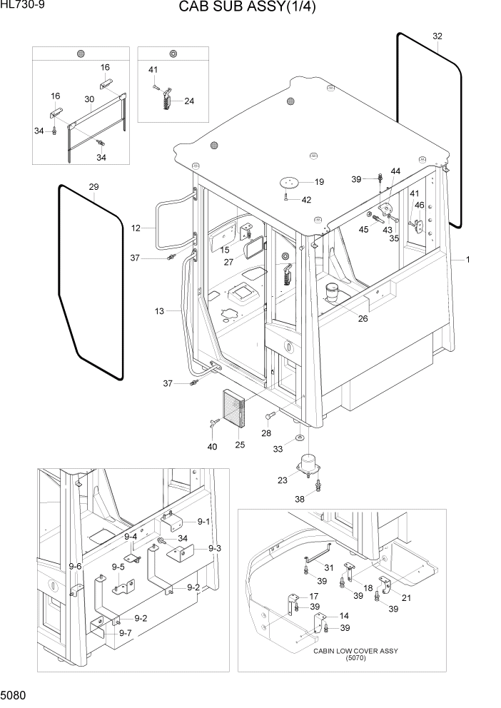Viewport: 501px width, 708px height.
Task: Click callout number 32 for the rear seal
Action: tap(437, 36)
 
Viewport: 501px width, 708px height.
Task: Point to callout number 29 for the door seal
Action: tap(93, 187)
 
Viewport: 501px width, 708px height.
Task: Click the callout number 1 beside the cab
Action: tap(467, 261)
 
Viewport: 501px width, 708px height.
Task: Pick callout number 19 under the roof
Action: tap(319, 182)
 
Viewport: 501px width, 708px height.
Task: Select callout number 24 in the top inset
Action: tap(189, 101)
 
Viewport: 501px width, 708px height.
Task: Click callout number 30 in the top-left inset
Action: tap(89, 98)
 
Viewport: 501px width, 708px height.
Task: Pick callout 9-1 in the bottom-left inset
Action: tap(204, 521)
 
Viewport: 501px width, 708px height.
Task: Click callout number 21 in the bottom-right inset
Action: tap(406, 597)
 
